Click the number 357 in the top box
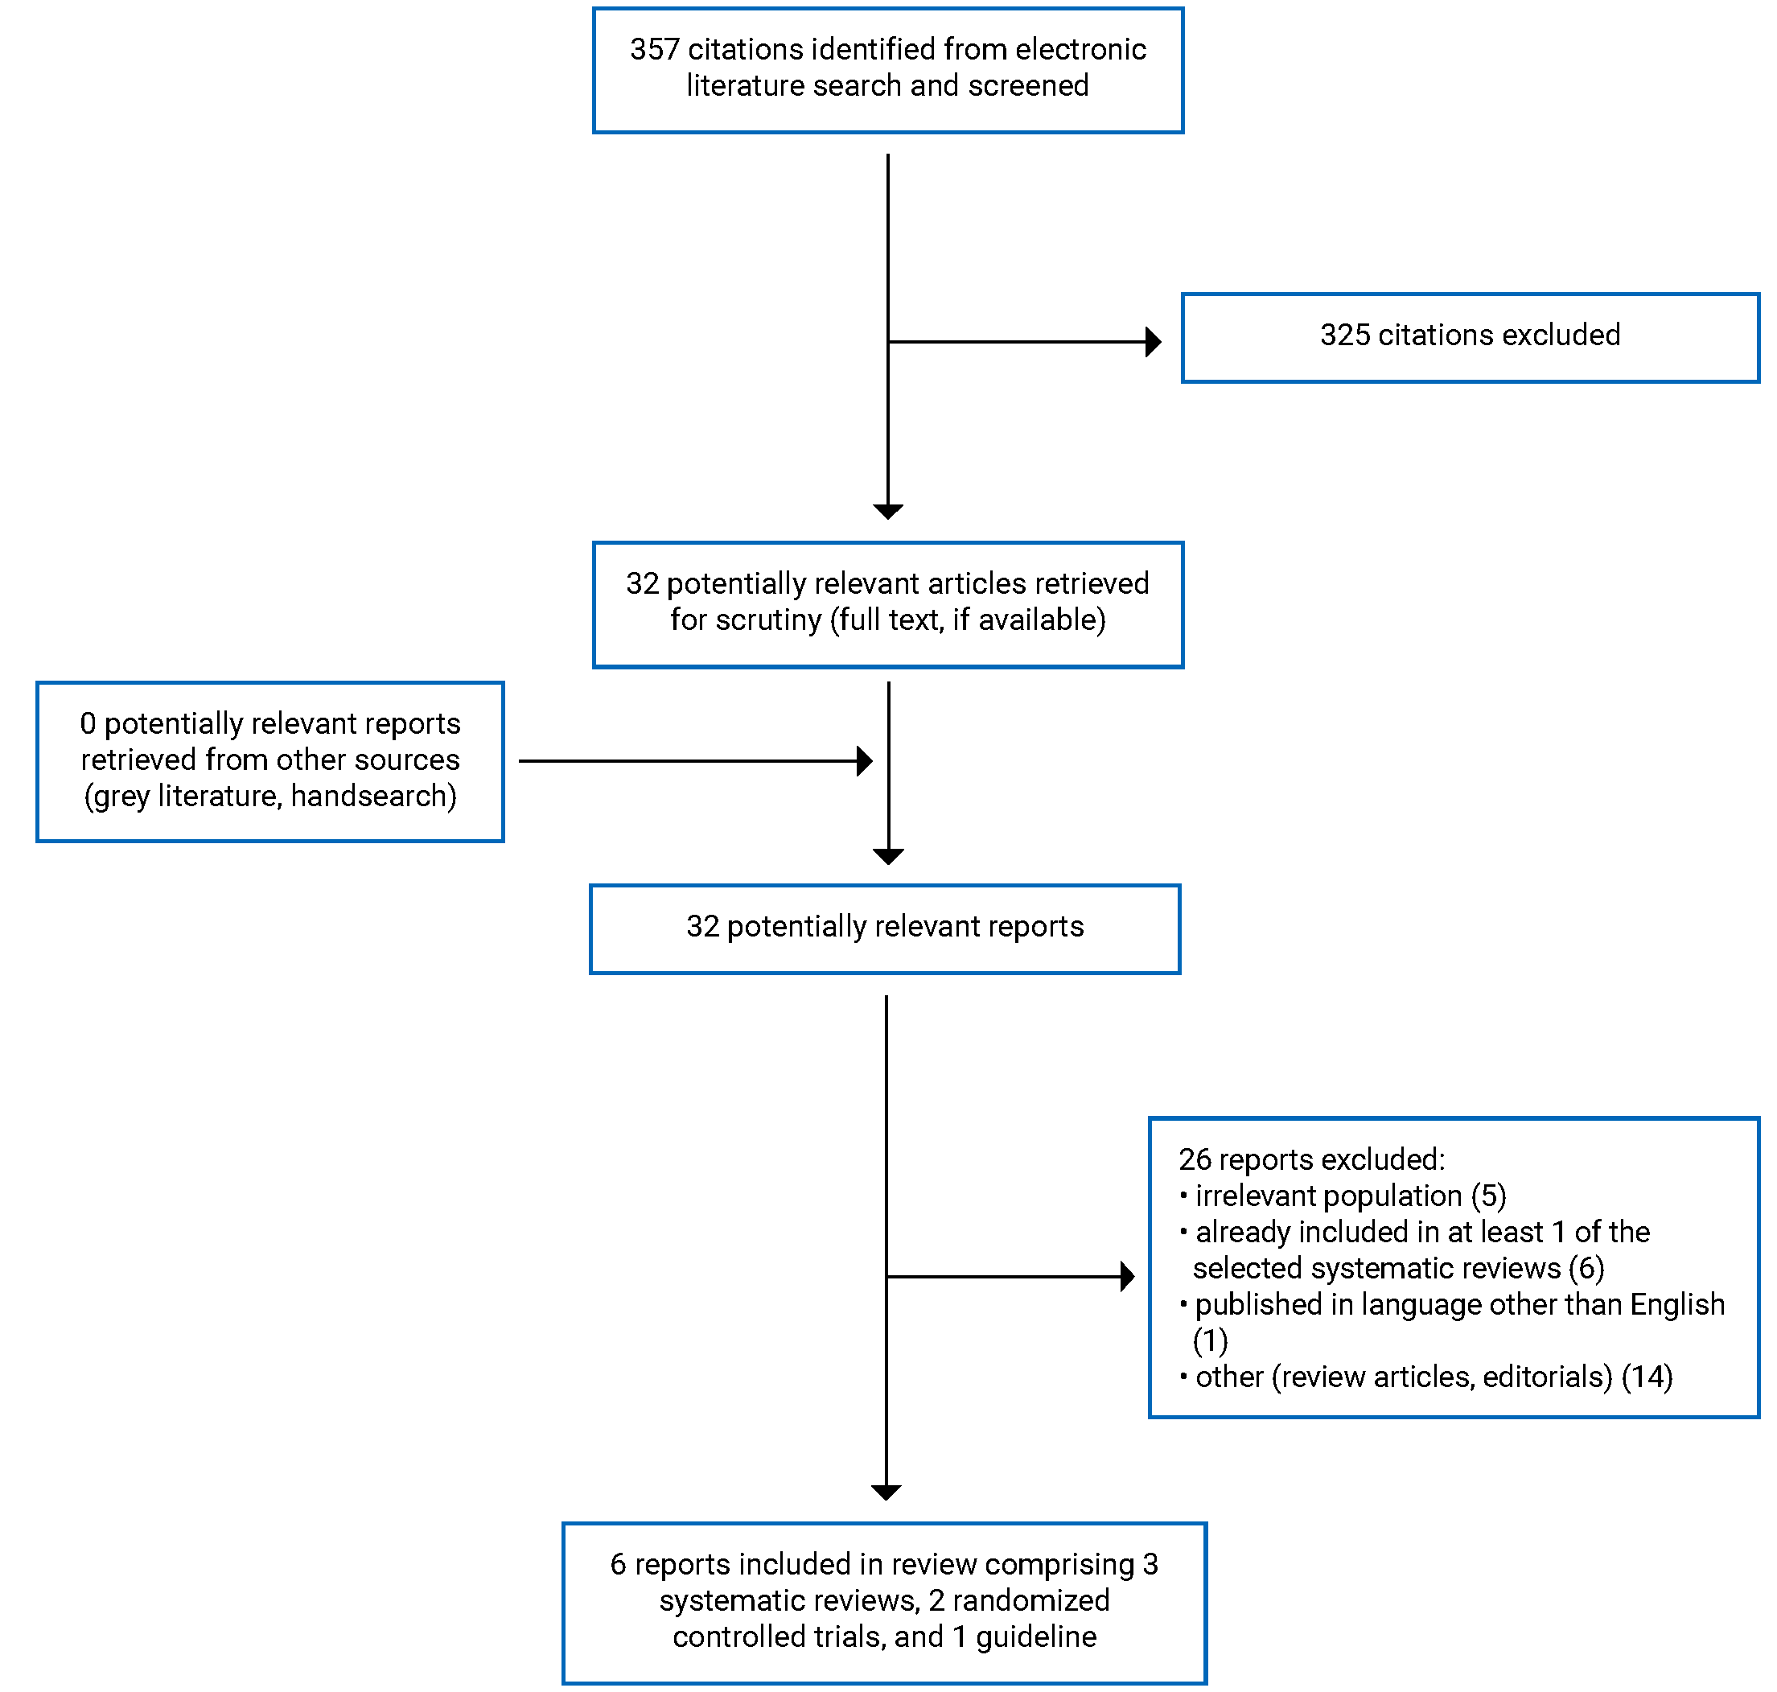click(654, 49)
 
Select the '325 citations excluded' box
click(1469, 337)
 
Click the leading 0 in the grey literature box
click(88, 723)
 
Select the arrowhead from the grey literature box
click(864, 761)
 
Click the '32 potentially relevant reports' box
click(884, 929)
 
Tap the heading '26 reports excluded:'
click(1311, 1160)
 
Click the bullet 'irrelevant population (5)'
click(1349, 1196)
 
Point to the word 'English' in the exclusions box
click(1676, 1305)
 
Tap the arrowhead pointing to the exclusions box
click(1126, 1277)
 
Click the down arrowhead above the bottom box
click(886, 1492)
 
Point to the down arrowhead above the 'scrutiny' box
click(888, 512)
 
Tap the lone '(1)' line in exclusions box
click(1209, 1341)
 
